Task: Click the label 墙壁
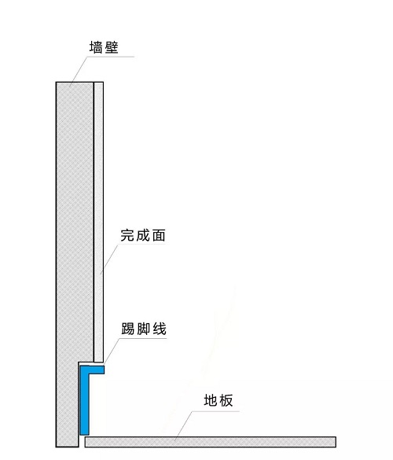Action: tap(104, 47)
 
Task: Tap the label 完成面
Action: tap(143, 235)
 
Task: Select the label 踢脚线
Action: tap(144, 329)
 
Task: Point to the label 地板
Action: tap(219, 400)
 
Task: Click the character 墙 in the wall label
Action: tap(96, 47)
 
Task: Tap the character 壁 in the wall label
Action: tap(112, 47)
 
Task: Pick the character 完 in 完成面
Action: tap(127, 235)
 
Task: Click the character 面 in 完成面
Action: tap(159, 235)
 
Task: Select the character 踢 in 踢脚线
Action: tap(128, 329)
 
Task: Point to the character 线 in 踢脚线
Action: tap(160, 329)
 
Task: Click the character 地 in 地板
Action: tap(211, 400)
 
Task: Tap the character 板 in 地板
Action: tap(226, 400)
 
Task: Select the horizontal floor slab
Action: tap(211, 442)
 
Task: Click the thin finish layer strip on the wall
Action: tap(98, 222)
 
